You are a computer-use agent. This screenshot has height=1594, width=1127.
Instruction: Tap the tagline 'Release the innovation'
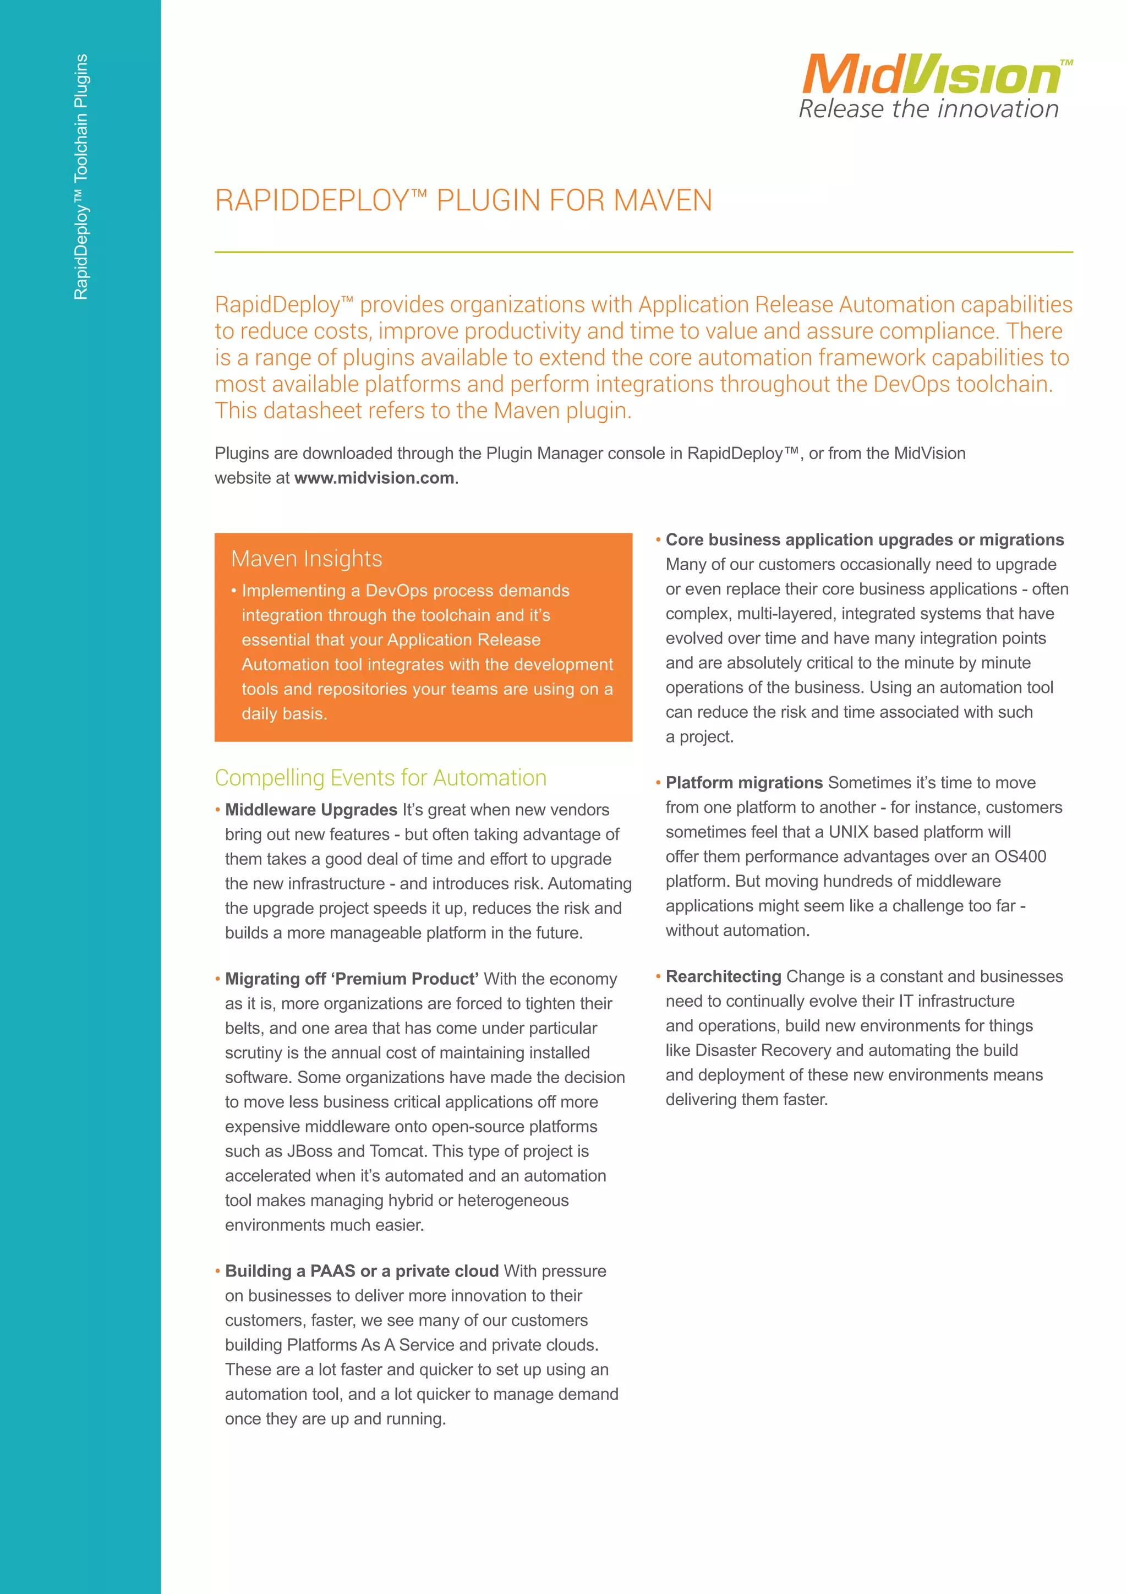tap(928, 109)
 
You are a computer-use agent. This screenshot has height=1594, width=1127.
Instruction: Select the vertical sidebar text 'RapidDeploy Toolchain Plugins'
tap(81, 177)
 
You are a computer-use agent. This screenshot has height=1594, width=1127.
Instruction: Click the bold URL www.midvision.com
tap(374, 478)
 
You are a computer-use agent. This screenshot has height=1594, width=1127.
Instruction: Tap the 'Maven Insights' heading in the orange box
tap(306, 559)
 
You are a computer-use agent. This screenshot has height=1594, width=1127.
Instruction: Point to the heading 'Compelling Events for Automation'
tap(380, 778)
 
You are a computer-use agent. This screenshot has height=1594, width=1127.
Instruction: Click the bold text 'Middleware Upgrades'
tap(311, 810)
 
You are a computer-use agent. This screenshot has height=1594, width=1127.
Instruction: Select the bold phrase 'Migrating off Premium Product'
tap(351, 979)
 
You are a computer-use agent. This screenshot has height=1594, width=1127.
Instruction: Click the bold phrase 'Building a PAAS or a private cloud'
tap(362, 1271)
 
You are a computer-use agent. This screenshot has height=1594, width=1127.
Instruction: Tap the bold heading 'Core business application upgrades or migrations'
tap(864, 540)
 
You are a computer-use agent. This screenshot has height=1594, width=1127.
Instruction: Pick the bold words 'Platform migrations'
tap(744, 783)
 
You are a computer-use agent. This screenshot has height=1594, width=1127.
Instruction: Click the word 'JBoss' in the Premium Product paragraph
tap(309, 1151)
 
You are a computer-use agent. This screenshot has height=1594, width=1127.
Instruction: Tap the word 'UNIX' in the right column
tap(848, 832)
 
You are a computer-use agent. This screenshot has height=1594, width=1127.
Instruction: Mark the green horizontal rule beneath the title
tap(643, 252)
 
